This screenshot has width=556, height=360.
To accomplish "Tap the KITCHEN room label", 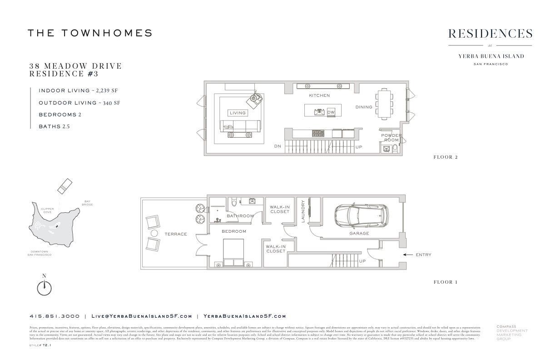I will coord(319,95).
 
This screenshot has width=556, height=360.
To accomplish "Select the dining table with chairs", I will coord(385,104).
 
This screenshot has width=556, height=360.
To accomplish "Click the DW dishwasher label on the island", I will coord(331,112).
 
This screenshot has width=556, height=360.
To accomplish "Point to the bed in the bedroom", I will coord(234,253).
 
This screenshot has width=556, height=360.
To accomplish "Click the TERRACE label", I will coord(176,234).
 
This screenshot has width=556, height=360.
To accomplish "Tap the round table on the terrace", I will coord(154,233).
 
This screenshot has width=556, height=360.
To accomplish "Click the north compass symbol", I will coord(44,287).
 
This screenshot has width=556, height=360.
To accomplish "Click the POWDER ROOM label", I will coord(391,138).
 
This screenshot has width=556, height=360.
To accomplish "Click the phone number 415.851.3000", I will coord(55,316).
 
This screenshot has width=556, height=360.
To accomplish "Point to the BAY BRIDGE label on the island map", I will coord(88,203).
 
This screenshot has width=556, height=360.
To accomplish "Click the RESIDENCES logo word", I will coord(490,34).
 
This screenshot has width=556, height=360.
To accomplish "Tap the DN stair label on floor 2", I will coord(277,146).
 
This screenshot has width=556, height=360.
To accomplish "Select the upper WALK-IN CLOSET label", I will coord(279,209).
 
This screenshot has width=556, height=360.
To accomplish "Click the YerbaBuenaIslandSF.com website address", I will coord(244,316).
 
